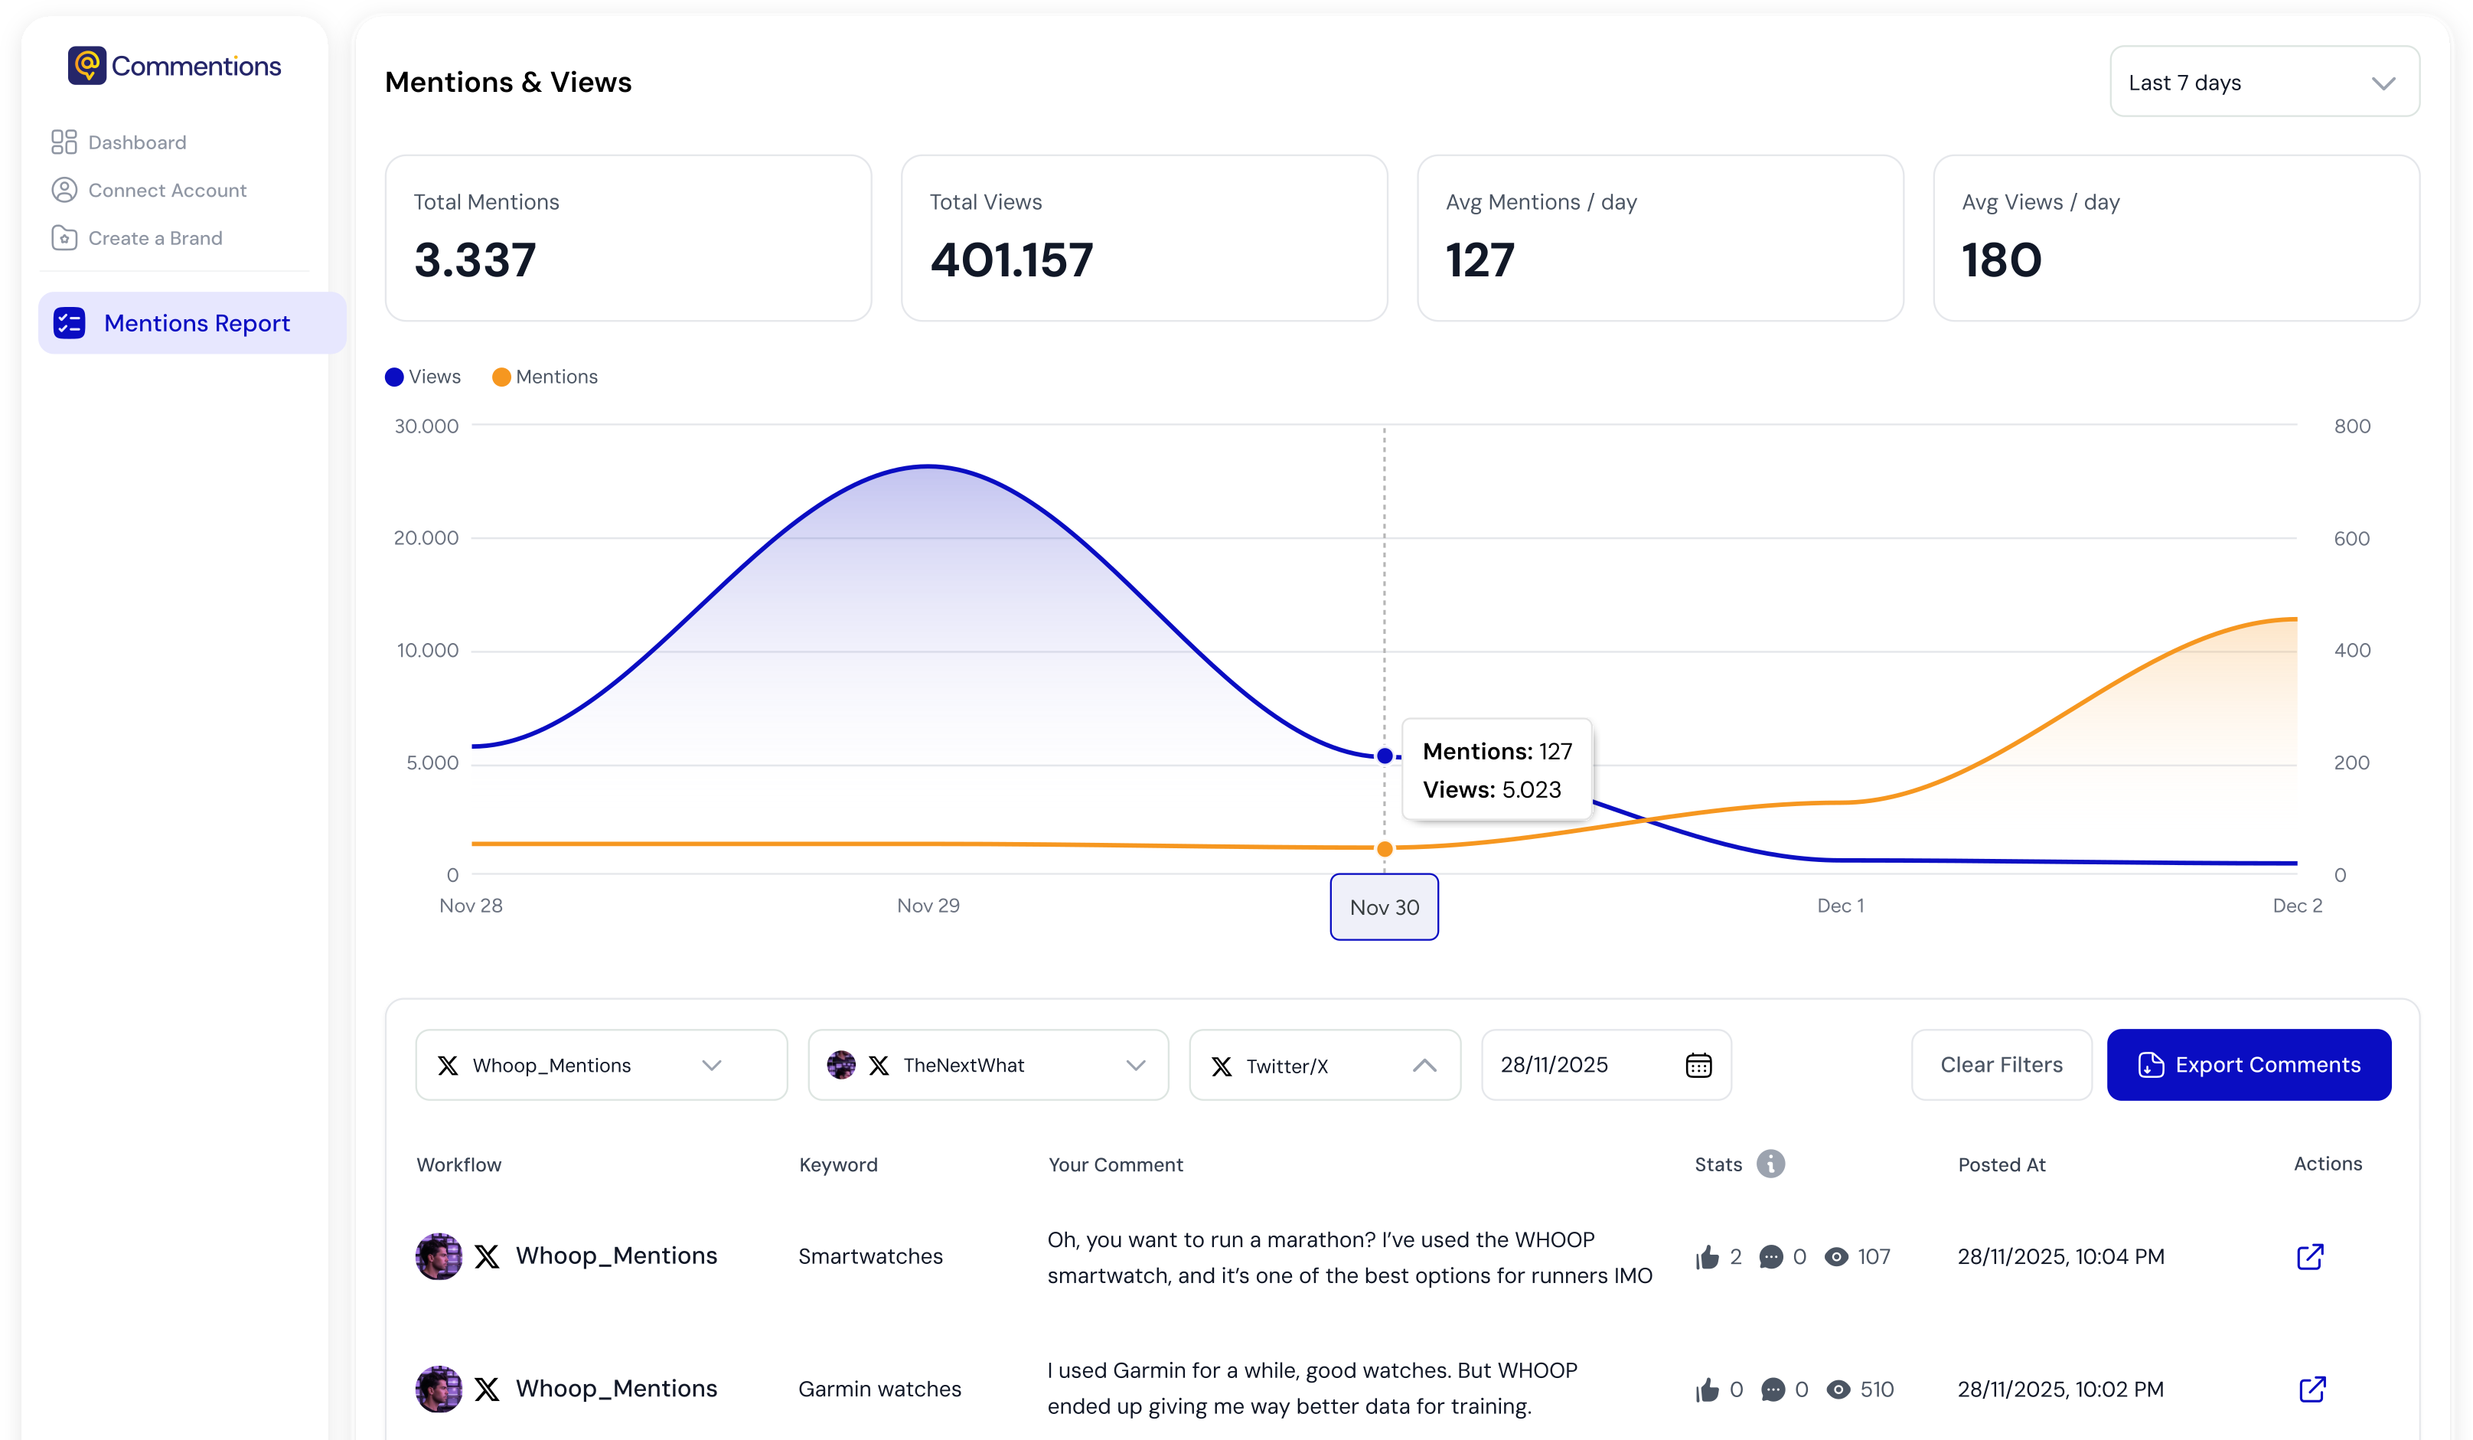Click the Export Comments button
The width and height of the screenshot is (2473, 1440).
[2247, 1065]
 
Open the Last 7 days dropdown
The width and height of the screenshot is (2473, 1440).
[2263, 83]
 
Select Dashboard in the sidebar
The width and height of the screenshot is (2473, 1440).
[136, 142]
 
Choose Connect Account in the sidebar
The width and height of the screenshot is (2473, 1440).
[167, 191]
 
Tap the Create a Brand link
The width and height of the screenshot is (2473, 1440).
[155, 239]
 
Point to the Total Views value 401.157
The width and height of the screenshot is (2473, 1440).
[1011, 260]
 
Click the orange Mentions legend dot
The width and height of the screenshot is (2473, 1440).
[501, 377]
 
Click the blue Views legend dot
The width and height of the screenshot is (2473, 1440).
[394, 377]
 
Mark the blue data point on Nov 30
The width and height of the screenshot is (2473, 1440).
[1384, 756]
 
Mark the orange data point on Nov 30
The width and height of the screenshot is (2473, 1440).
[1384, 849]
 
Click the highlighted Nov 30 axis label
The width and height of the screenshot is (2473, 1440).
[1384, 907]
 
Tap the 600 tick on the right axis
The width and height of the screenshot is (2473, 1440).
[2351, 538]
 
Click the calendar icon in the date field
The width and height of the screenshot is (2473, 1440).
[1698, 1065]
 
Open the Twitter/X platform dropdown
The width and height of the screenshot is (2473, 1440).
[1324, 1065]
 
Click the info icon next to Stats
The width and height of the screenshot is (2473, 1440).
[1770, 1164]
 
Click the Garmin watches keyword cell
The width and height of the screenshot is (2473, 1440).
[879, 1389]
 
